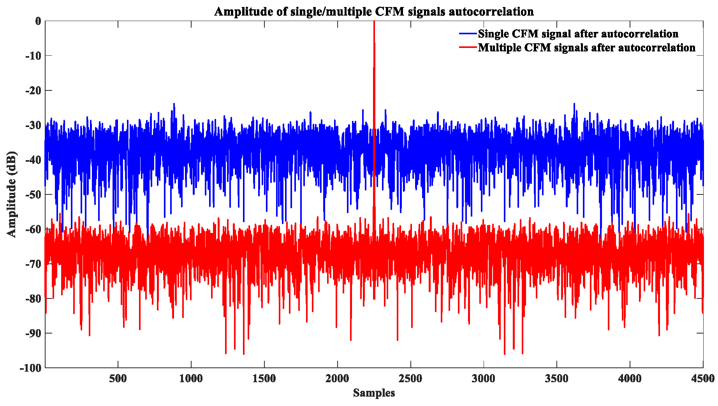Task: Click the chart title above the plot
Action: tap(374, 11)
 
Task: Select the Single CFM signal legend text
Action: tap(578, 34)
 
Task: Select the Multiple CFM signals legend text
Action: tap(586, 48)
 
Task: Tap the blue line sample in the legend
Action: tap(468, 34)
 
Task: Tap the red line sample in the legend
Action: tap(468, 48)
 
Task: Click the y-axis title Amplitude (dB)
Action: tap(12, 194)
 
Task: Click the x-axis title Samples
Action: tap(374, 393)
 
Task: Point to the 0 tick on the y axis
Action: tap(38, 21)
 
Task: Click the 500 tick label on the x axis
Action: tap(118, 378)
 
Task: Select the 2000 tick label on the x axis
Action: tap(337, 378)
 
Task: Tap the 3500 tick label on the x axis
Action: tap(557, 378)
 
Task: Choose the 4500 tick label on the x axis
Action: tap(703, 378)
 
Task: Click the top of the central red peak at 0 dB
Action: tap(374, 22)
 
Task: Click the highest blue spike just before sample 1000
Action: tap(174, 104)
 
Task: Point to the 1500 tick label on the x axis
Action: tap(264, 378)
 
